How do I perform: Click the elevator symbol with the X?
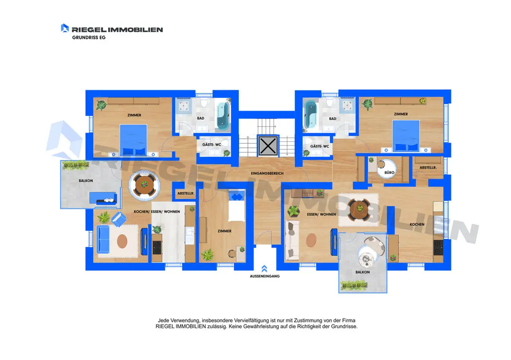268,146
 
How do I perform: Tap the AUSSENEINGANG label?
265,276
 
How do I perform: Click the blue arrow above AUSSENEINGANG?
264,268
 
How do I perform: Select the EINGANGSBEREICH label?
267,173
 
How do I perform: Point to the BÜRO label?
389,172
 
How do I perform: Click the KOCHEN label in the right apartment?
417,224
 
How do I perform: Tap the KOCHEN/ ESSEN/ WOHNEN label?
157,212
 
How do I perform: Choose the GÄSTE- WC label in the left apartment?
212,145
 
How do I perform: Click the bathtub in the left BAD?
223,116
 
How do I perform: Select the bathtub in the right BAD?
310,115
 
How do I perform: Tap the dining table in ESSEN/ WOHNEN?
359,209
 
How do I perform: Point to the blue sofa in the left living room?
103,239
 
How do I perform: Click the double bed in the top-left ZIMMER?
134,140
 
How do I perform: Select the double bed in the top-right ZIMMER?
406,136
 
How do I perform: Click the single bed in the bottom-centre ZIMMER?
237,206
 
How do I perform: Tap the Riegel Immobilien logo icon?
65,28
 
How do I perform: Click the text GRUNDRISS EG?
89,37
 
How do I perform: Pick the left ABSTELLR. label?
186,193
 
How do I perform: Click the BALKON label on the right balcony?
363,272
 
